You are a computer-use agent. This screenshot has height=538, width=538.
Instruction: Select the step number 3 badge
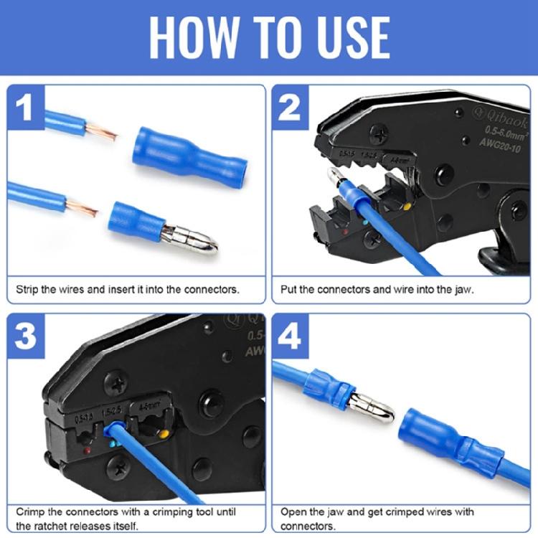point(26,336)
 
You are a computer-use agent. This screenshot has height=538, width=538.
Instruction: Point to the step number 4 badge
point(290,336)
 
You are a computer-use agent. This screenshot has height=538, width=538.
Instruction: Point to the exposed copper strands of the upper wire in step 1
point(101,132)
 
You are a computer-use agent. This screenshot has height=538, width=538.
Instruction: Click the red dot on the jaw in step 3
point(88,450)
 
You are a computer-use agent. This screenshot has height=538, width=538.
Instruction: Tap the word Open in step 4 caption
point(293,512)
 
